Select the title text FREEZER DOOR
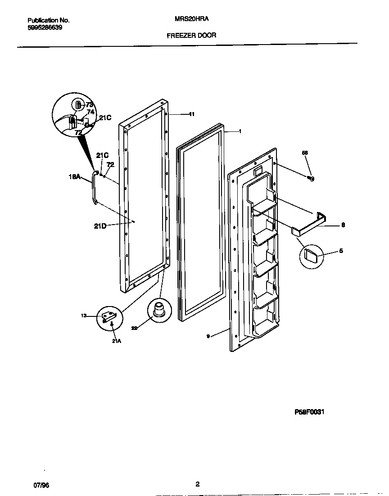pos(191,35)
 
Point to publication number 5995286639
pos(45,27)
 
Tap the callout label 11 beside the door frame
pos(191,114)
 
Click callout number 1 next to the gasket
pos(240,131)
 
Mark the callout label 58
pos(305,153)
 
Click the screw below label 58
pos(311,179)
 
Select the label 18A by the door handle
pos(75,177)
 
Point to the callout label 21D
pos(100,226)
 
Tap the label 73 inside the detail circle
pos(90,104)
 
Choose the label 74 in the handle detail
pos(90,112)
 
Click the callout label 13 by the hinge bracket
pos(84,316)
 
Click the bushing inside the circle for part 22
pos(158,310)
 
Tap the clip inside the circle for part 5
pos(311,254)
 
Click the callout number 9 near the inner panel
pos(208,335)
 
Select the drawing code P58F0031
pos(310,411)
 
